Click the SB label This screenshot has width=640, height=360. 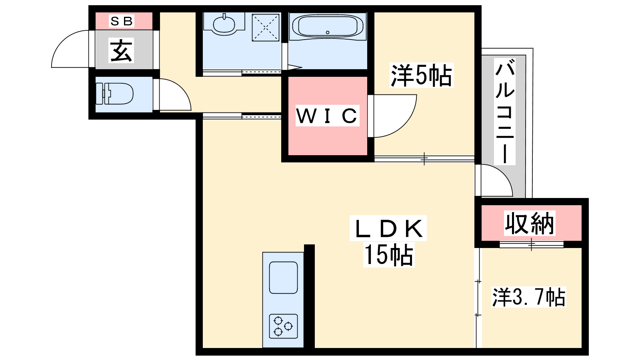pos(122,21)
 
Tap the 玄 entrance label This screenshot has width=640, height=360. pos(122,50)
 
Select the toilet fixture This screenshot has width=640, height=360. pos(114,94)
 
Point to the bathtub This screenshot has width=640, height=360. pos(328,26)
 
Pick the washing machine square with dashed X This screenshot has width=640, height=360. pos(266,28)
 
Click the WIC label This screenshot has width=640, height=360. pos(327,116)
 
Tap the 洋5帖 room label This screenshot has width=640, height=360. pos(422,75)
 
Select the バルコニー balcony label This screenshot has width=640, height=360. pos(505,111)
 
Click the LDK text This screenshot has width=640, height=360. pos(388,228)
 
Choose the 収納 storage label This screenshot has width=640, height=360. pos(530,223)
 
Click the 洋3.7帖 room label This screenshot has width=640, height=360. pos(528,297)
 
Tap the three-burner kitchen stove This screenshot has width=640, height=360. pos(283,326)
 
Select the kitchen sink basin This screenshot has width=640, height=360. pos(284,278)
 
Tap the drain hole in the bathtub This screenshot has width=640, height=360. pos(328,32)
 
